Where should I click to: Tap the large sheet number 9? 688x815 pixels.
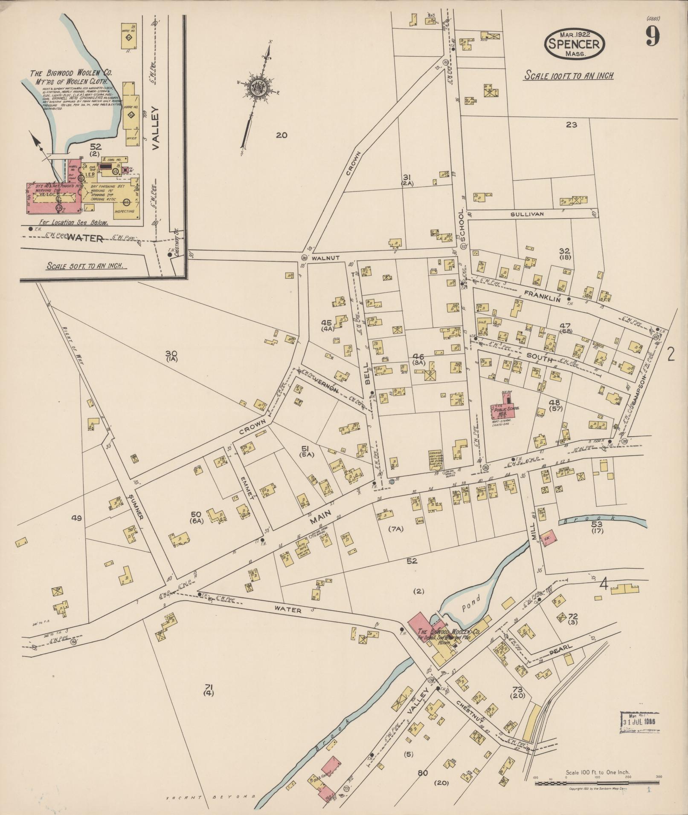tap(652, 35)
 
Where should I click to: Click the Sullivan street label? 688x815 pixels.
tap(527, 214)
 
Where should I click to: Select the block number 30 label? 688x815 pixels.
tap(171, 353)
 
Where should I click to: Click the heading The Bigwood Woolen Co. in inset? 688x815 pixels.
tap(70, 73)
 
